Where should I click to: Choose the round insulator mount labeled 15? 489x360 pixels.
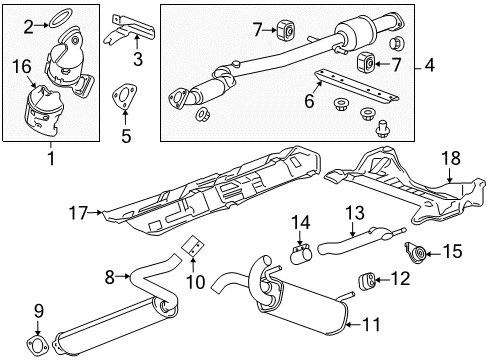point(412,251)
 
